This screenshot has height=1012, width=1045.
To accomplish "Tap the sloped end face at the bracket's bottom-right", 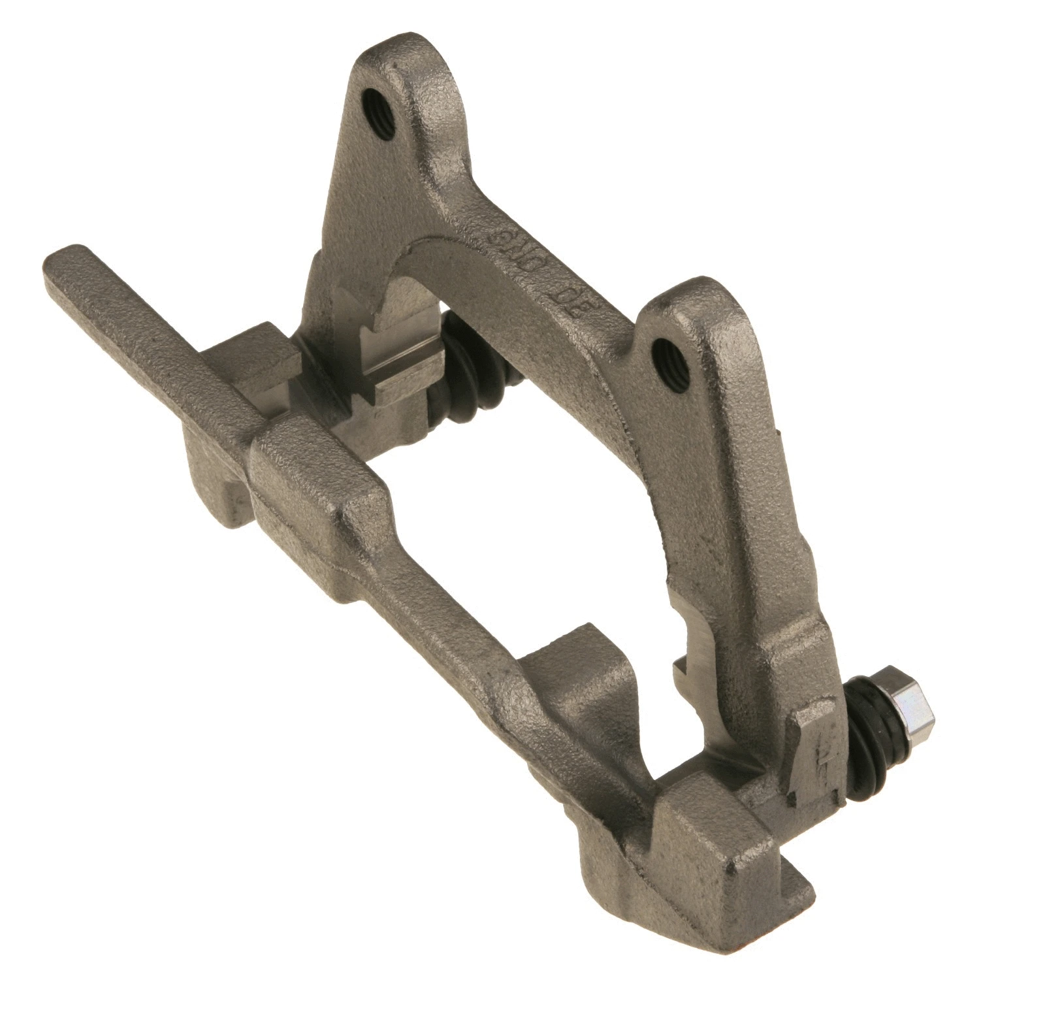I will [x=751, y=869].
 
